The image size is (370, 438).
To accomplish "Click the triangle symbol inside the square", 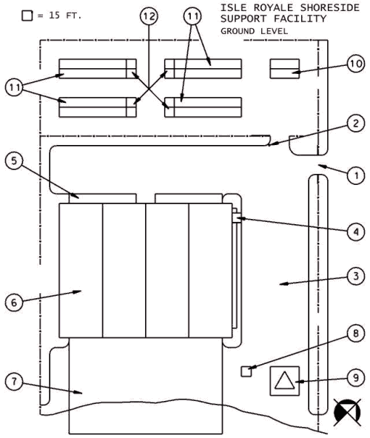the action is (285, 381).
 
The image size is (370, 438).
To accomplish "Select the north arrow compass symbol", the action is (347, 413).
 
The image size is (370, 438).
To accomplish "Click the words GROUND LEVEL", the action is (254, 31).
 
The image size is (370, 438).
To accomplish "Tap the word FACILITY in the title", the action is (300, 18).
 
